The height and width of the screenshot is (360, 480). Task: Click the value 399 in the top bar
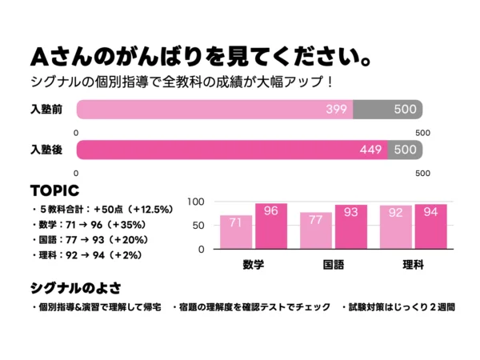pyautogui.click(x=337, y=109)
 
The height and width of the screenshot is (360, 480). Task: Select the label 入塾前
pyautogui.click(x=46, y=109)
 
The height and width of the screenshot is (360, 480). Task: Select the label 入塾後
pyautogui.click(x=46, y=149)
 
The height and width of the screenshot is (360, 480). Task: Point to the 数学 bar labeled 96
pyautogui.click(x=271, y=226)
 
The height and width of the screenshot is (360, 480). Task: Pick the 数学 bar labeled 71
pyautogui.click(x=236, y=232)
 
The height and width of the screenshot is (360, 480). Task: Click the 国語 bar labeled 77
pyautogui.click(x=316, y=230)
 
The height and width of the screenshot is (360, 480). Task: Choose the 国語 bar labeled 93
pyautogui.click(x=351, y=227)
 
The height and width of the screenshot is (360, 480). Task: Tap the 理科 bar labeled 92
pyautogui.click(x=395, y=227)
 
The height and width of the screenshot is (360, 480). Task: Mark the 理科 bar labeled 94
pyautogui.click(x=430, y=226)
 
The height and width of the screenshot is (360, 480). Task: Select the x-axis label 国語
pyautogui.click(x=334, y=263)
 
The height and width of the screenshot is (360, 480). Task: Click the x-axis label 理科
pyautogui.click(x=413, y=263)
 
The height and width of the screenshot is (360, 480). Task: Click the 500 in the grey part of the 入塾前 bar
pyautogui.click(x=405, y=109)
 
